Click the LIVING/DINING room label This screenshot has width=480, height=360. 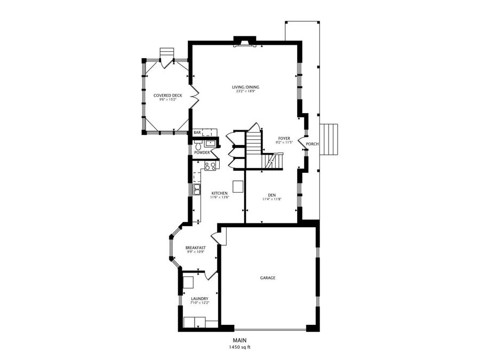click(x=245, y=87)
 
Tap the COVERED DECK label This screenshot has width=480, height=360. click(x=167, y=95)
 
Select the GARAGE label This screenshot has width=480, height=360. click(x=268, y=278)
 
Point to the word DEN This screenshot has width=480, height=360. click(x=271, y=195)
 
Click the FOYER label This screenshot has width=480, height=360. click(x=284, y=138)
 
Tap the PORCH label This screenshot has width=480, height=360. click(x=313, y=144)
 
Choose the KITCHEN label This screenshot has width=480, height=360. click(x=219, y=193)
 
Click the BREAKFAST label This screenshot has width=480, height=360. click(x=195, y=247)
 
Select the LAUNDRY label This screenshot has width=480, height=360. click(x=199, y=299)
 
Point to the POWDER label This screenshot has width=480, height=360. click(x=202, y=153)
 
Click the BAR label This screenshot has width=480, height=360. click(x=197, y=132)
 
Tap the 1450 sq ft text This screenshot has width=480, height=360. click(x=239, y=347)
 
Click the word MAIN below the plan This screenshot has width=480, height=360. click(x=239, y=340)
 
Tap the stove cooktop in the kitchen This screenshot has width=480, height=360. click(x=210, y=165)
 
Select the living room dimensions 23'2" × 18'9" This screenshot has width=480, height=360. click(x=245, y=92)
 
